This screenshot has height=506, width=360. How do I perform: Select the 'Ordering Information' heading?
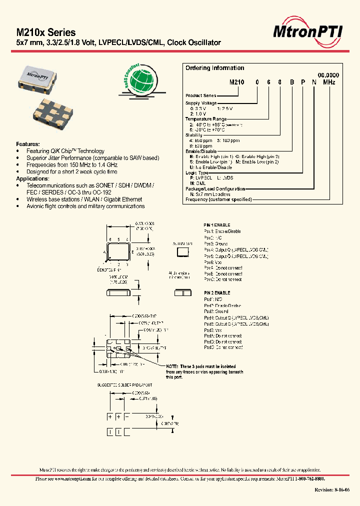click(x=214, y=68)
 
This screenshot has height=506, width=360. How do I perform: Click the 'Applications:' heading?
click(x=33, y=178)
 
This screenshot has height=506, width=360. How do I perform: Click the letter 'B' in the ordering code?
click(x=292, y=81)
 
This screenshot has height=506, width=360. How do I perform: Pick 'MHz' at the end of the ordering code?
click(x=329, y=81)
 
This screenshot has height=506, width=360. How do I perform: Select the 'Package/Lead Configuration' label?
click(x=215, y=188)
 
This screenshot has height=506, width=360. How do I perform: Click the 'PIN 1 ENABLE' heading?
click(x=217, y=225)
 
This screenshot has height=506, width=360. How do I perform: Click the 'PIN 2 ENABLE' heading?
click(x=217, y=292)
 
